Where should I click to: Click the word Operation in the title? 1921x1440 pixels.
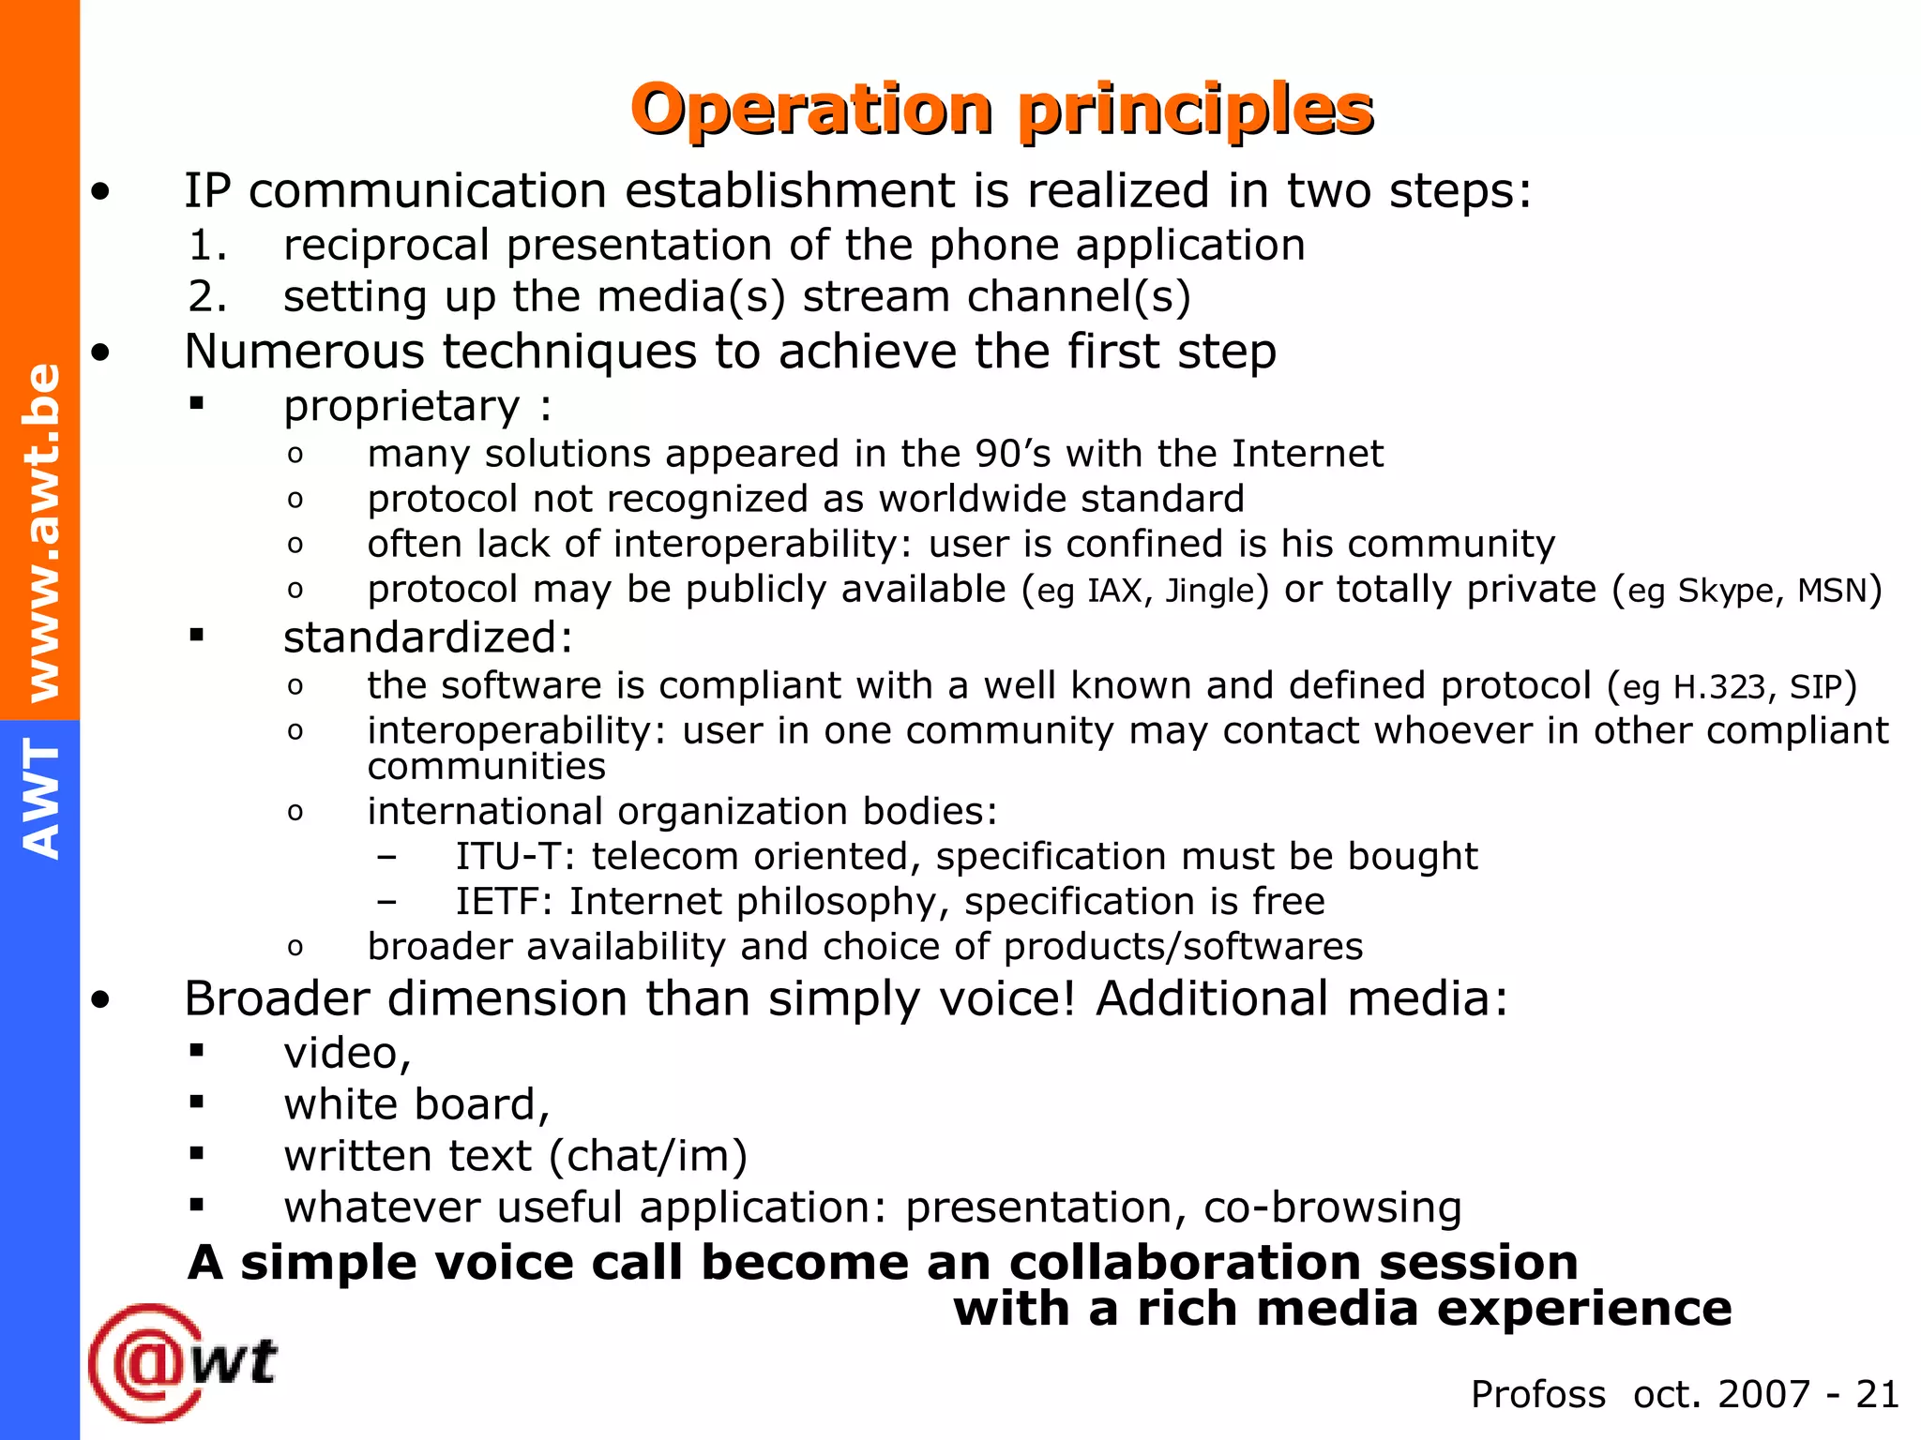click(x=812, y=110)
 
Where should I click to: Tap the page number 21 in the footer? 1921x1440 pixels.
click(x=1877, y=1394)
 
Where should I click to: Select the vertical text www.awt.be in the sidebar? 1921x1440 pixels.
click(x=41, y=532)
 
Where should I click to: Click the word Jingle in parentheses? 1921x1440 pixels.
click(x=1209, y=591)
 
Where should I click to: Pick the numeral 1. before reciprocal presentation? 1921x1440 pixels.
click(x=207, y=246)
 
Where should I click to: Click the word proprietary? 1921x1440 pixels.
click(x=401, y=406)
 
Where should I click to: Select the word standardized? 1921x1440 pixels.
click(x=427, y=638)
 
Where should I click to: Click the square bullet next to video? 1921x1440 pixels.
click(x=196, y=1051)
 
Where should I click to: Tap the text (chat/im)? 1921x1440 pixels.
click(x=648, y=1156)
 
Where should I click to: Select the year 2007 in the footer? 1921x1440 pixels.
click(x=1762, y=1394)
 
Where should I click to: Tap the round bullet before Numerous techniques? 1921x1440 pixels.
click(x=101, y=353)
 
